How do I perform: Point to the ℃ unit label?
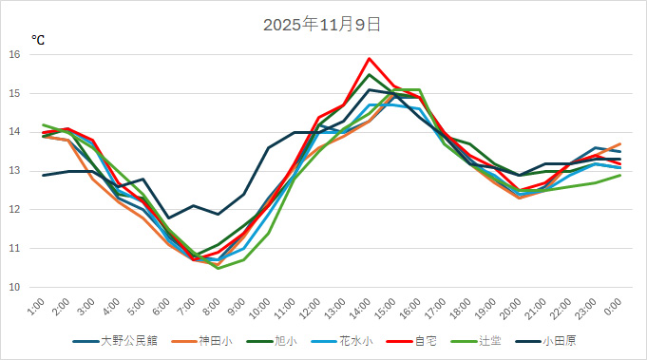38,40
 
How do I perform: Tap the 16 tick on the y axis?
14,54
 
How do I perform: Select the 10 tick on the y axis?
14,287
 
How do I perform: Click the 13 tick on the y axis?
14,171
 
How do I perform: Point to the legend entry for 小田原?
563,341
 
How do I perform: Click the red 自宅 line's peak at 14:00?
370,59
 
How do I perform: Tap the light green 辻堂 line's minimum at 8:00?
219,268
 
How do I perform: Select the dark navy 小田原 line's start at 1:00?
43,175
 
